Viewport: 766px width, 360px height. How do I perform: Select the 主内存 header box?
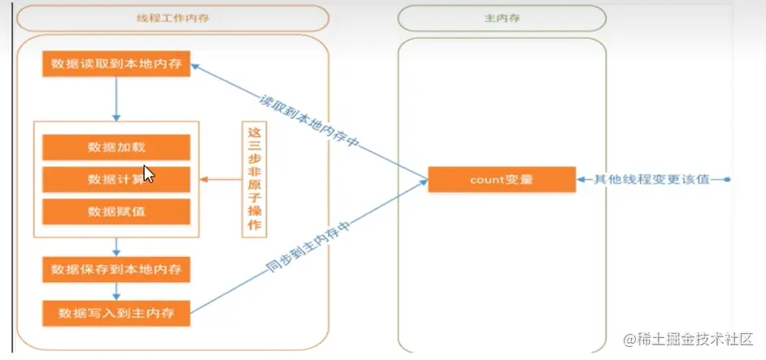point(502,17)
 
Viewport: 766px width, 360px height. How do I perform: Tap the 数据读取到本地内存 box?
point(115,64)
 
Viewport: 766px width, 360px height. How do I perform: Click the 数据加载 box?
point(115,147)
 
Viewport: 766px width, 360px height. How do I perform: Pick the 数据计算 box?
point(115,179)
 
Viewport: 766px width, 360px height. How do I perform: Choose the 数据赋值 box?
point(115,211)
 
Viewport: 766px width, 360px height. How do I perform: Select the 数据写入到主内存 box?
point(115,311)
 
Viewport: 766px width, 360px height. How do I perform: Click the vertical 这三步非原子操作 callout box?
point(255,179)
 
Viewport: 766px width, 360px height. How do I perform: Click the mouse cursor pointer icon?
point(149,173)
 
